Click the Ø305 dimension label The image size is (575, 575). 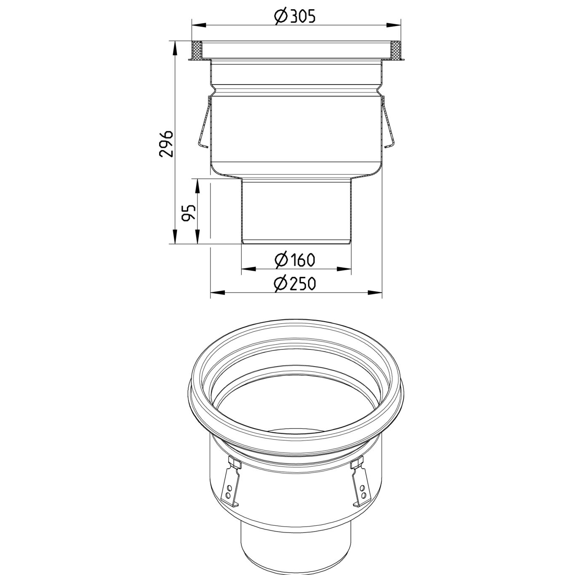[295, 16]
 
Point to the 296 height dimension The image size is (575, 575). [166, 144]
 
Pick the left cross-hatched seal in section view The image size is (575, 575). [197, 51]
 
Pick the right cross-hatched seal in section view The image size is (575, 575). [396, 51]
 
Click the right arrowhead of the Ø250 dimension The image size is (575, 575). [376, 292]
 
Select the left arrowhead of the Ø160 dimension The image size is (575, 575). [247, 268]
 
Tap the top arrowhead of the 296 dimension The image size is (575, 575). [174, 46]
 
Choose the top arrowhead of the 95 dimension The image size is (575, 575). [197, 184]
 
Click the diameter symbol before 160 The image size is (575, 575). [281, 260]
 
